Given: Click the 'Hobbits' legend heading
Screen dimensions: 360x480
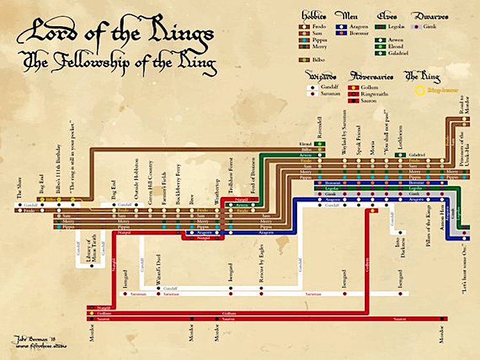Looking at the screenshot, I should pos(313,13).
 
